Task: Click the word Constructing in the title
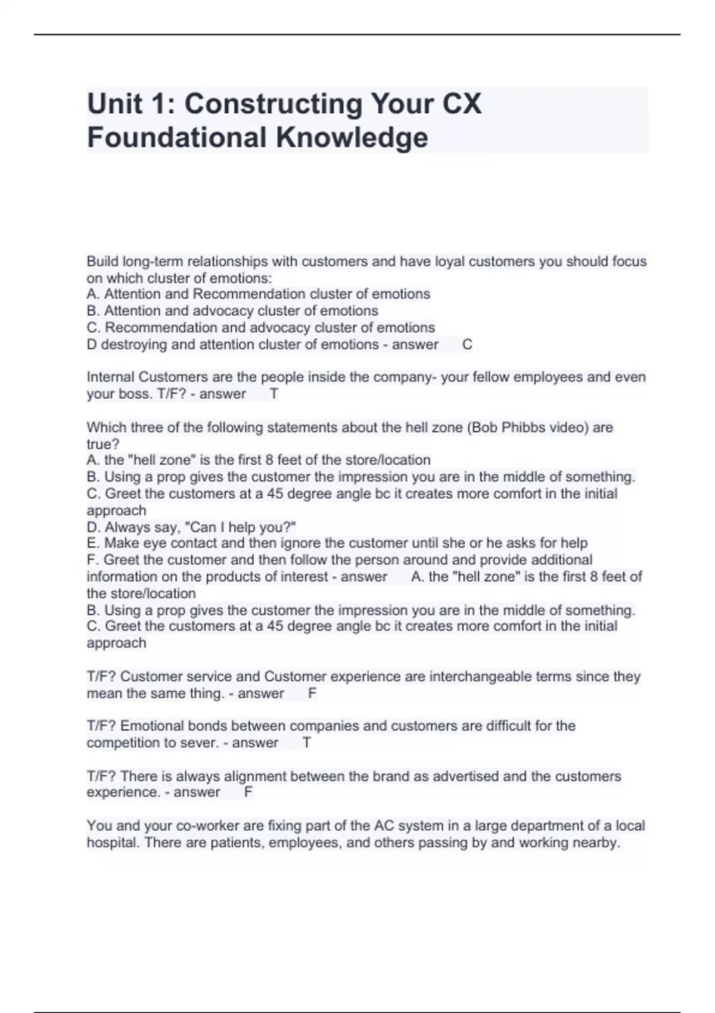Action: pos(273,104)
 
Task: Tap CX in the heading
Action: pos(462,104)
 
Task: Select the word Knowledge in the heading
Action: pos(352,138)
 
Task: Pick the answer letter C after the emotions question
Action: pos(467,344)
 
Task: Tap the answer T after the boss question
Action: pos(274,394)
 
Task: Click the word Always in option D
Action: pos(125,527)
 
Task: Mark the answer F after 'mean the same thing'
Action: pos(312,694)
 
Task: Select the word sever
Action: pos(201,743)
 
